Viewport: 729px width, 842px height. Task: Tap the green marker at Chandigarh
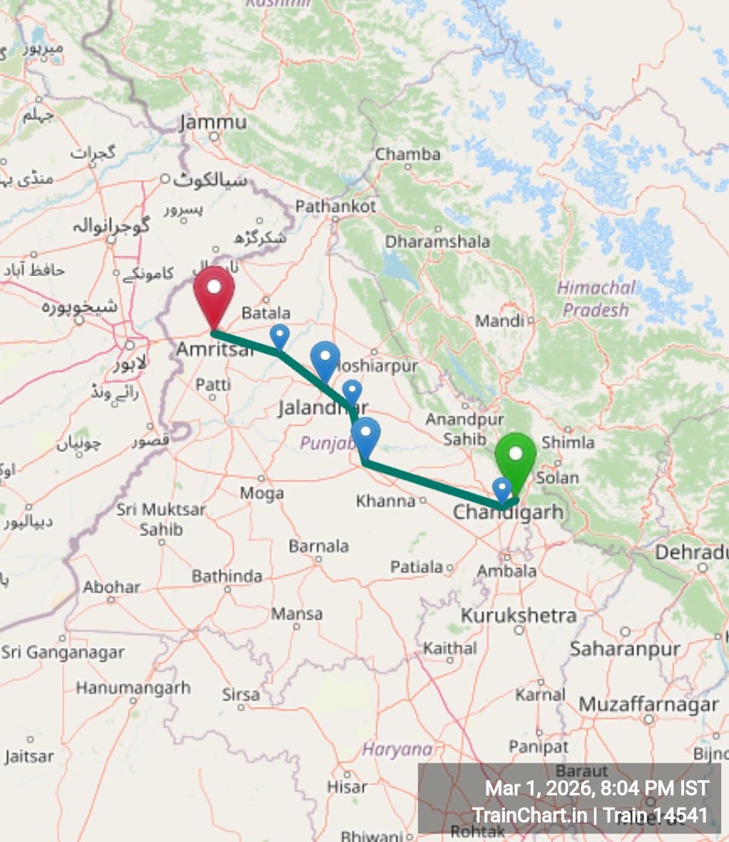515,457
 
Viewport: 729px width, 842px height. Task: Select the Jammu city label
213,123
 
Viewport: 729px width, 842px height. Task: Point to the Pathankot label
335,207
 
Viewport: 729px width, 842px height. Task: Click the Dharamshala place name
437,242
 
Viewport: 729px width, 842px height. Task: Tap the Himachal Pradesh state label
596,299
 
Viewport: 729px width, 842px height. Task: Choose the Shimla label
568,443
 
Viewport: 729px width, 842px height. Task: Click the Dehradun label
691,553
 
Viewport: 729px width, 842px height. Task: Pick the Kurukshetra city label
519,615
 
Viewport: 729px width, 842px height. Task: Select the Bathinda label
227,576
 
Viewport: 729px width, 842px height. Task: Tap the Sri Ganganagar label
63,652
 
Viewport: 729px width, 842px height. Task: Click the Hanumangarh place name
133,688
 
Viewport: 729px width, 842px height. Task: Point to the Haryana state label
397,749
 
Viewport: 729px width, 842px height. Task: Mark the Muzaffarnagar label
648,704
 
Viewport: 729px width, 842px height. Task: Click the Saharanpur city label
625,649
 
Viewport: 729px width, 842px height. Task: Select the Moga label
262,493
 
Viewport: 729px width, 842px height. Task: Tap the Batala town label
266,313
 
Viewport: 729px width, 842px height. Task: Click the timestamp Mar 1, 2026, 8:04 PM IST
597,789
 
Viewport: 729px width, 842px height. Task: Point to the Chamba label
407,154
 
